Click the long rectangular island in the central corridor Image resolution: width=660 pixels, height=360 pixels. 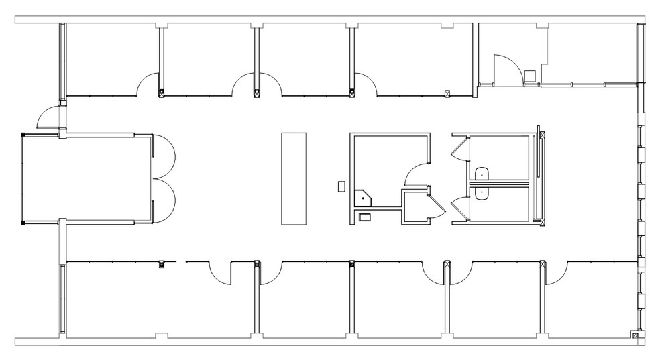click(293, 179)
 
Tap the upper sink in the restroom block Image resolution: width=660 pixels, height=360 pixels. click(482, 175)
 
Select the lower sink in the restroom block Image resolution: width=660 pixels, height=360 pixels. click(482, 192)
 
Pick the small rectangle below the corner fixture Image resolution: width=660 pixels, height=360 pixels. click(364, 217)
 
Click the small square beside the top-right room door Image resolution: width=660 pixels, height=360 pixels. click(529, 76)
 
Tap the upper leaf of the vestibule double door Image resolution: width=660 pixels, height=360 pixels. click(165, 156)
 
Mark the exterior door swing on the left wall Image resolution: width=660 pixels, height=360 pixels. click(48, 117)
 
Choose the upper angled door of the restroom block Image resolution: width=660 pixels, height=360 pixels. click(459, 147)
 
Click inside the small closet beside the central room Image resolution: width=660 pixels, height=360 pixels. click(415, 207)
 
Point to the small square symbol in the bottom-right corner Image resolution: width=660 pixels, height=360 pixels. click(635, 335)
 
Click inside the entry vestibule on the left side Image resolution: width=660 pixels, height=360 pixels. click(87, 178)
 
